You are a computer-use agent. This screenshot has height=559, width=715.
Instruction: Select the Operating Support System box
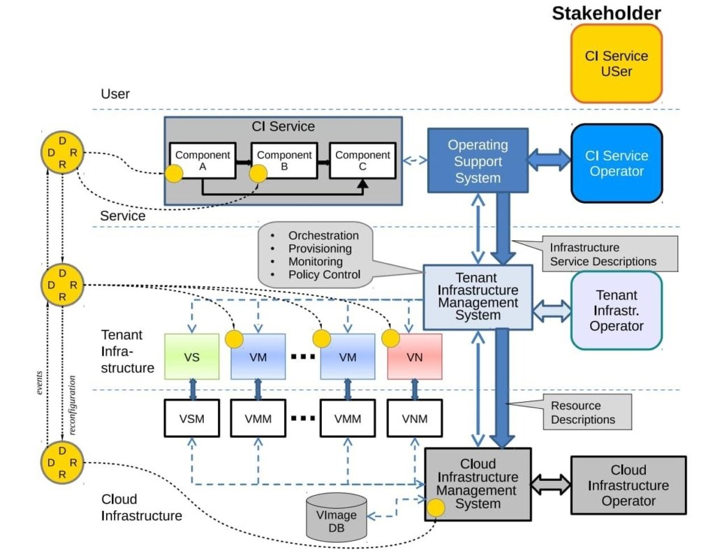click(x=478, y=161)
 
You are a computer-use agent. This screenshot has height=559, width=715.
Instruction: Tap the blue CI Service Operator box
click(x=616, y=163)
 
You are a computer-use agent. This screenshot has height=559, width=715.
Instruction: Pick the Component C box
click(x=362, y=161)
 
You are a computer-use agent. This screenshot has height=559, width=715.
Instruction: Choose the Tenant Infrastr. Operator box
click(x=616, y=310)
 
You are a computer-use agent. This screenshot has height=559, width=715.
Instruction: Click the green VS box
click(x=192, y=357)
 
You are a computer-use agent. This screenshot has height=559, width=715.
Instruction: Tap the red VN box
click(x=413, y=357)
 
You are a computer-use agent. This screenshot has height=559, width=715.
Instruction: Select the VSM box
click(x=192, y=419)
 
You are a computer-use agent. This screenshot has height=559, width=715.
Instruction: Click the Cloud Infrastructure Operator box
click(x=628, y=486)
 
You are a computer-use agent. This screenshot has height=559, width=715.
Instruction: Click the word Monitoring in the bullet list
click(x=315, y=261)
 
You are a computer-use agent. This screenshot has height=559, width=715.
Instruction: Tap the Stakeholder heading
click(x=606, y=13)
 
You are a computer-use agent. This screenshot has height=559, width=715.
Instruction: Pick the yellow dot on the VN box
click(x=391, y=338)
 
